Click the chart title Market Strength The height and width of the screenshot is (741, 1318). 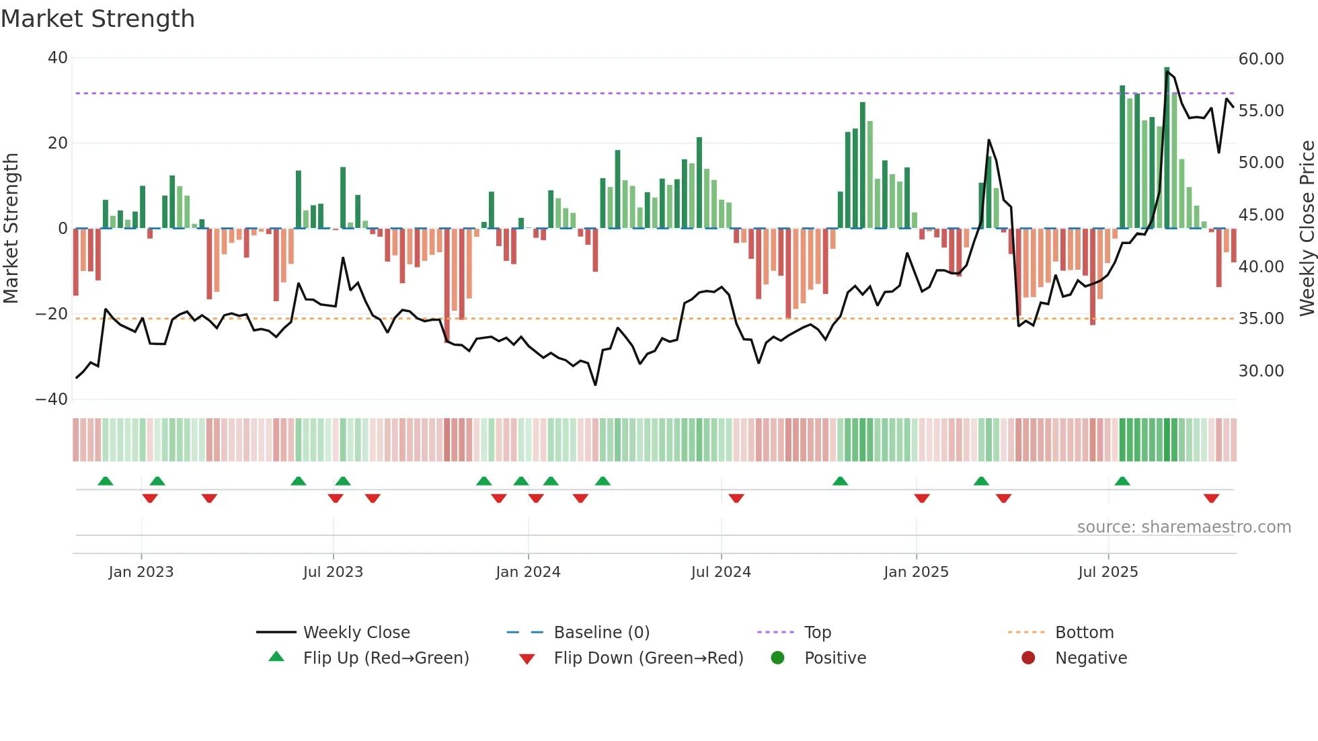(x=98, y=19)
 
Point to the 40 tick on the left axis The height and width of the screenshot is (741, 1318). (x=58, y=58)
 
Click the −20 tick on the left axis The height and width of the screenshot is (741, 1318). (x=52, y=314)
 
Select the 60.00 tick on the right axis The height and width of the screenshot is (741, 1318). (x=1261, y=59)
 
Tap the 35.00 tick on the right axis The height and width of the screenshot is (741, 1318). (x=1261, y=319)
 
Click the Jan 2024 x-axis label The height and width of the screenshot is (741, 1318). (x=528, y=572)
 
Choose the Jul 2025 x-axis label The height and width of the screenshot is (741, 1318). (x=1108, y=572)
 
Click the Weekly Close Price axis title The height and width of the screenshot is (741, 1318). (x=1307, y=229)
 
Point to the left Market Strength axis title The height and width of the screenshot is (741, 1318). (x=11, y=229)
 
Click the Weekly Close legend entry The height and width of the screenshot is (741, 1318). (x=356, y=633)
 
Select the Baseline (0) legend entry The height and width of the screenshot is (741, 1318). (x=601, y=633)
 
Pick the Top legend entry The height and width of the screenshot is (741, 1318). (x=817, y=633)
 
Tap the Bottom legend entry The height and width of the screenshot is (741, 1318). (x=1084, y=633)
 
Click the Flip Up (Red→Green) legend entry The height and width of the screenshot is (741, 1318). (x=385, y=658)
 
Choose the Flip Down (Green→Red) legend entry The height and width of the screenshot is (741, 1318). (x=648, y=658)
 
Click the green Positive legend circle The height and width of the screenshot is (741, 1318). (x=778, y=658)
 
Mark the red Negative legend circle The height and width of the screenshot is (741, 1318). (x=1028, y=658)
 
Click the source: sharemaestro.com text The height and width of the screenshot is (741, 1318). (x=1184, y=527)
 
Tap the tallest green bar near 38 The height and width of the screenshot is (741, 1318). (x=1167, y=148)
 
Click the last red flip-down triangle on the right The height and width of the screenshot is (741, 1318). (x=1211, y=498)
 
